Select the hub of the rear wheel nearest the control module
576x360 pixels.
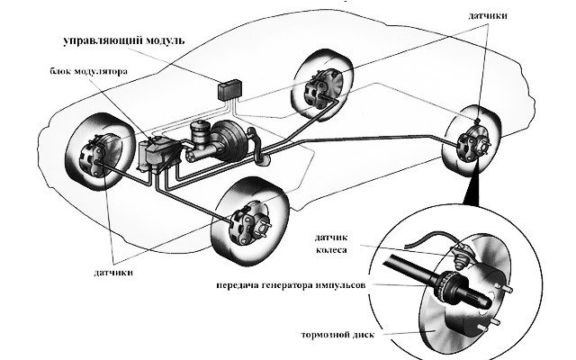[x=319, y=88]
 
